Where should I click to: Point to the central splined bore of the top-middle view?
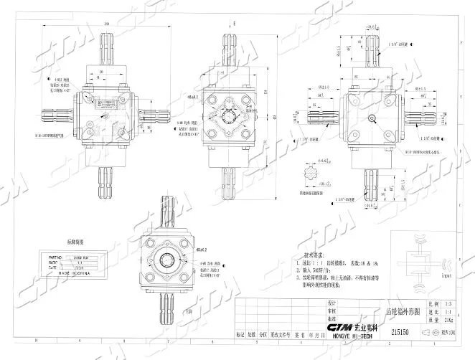pos(231,115)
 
